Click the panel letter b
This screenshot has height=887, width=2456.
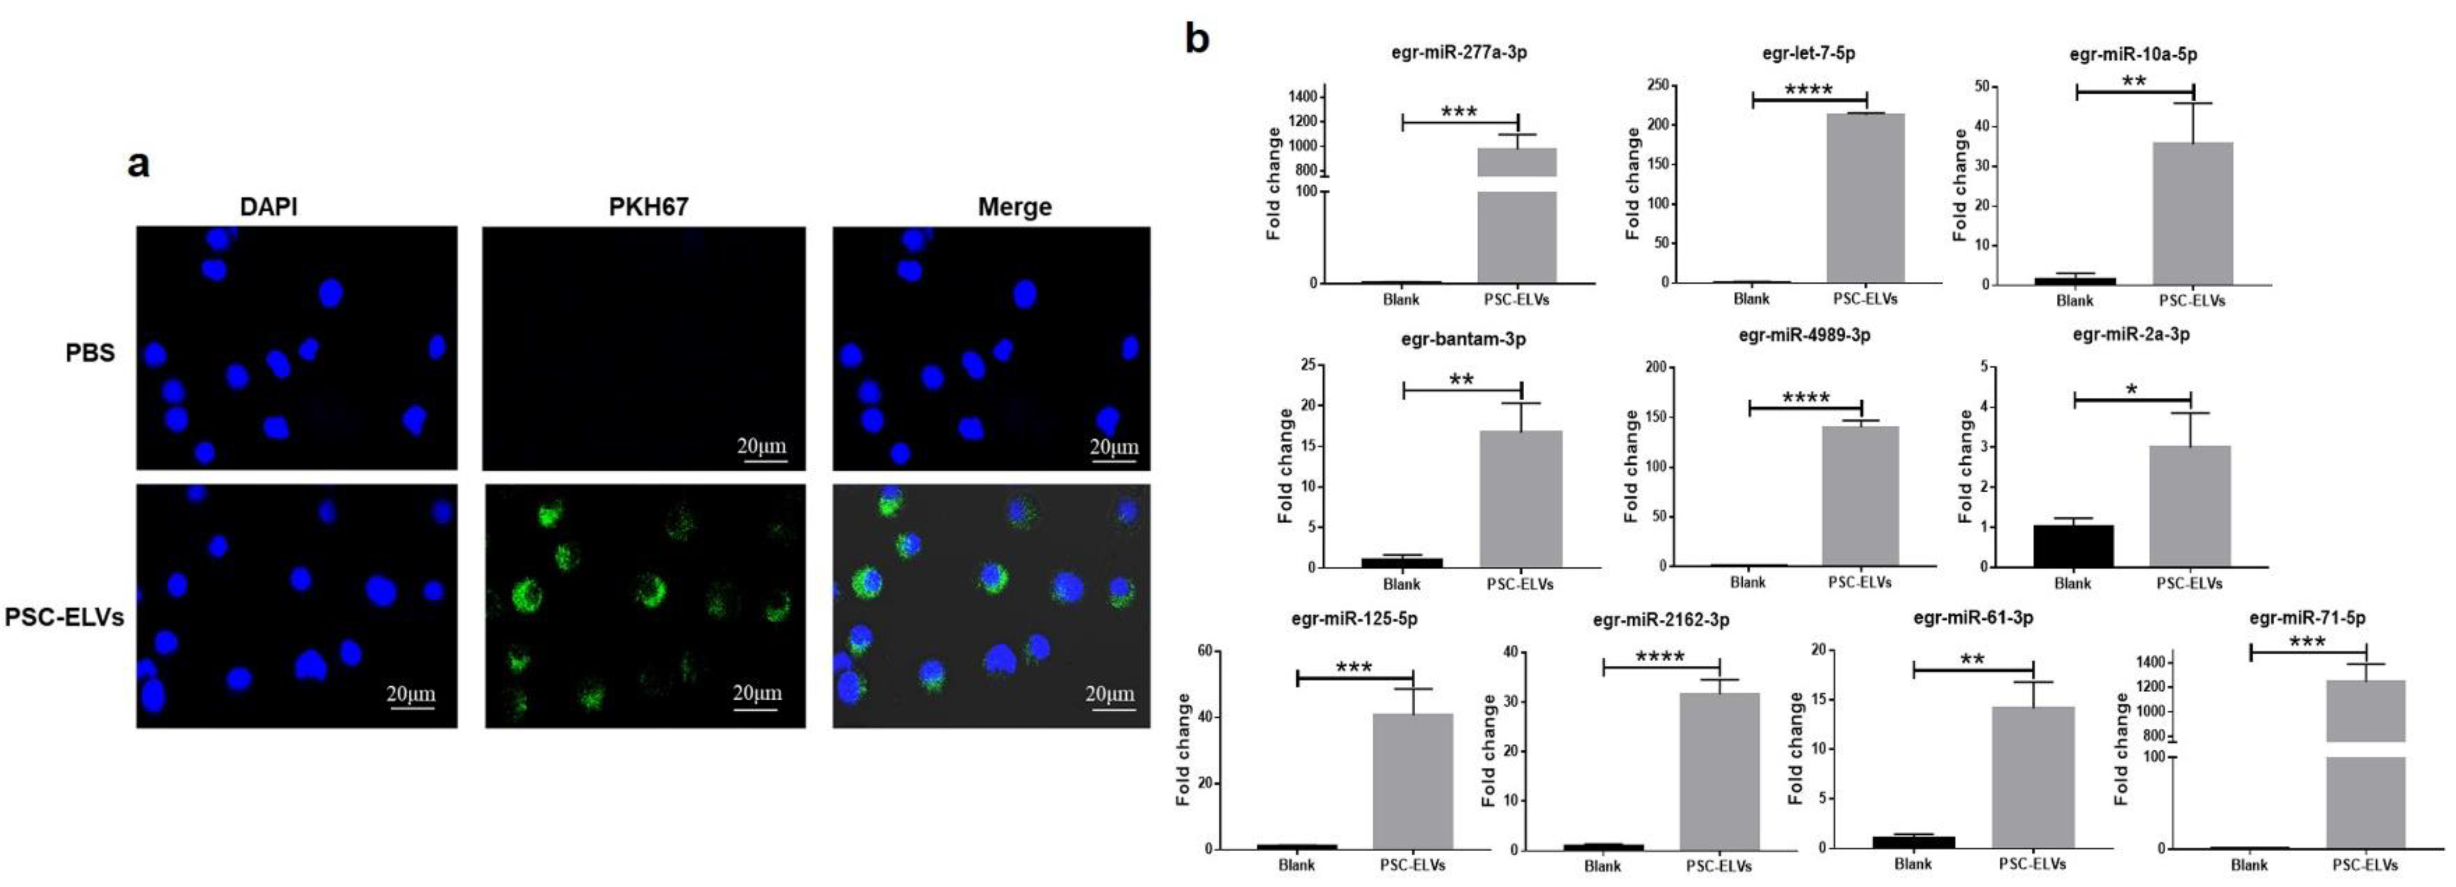click(1197, 39)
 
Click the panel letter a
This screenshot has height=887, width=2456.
click(139, 164)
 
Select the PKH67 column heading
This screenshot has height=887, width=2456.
click(648, 206)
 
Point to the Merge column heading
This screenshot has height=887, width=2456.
click(1015, 206)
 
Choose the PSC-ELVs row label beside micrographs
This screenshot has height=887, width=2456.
click(65, 617)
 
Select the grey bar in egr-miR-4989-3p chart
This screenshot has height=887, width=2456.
click(1860, 496)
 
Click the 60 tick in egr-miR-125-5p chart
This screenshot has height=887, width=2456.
click(1205, 651)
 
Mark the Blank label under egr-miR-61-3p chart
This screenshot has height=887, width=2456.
click(1913, 864)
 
